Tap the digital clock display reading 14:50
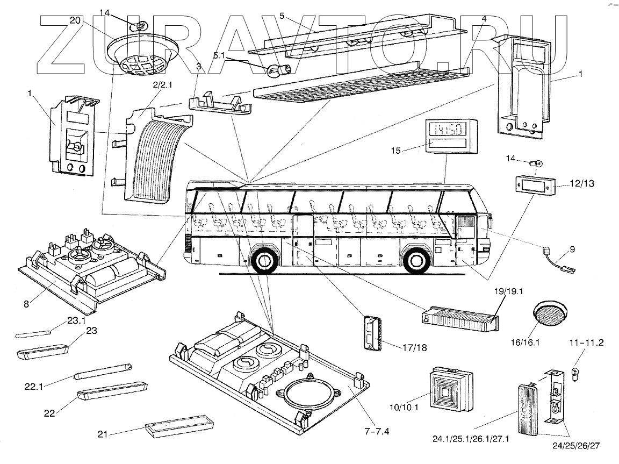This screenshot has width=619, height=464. pos(444,129)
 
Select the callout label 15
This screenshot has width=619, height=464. pos(395,151)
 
